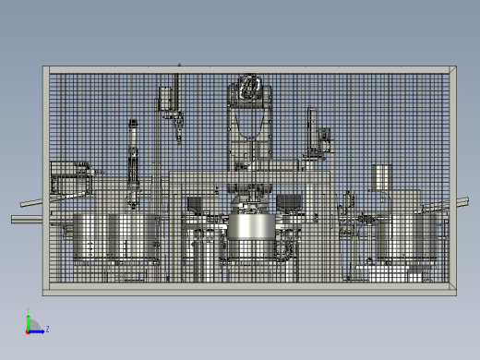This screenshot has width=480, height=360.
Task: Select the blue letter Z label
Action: pyautogui.click(x=47, y=329)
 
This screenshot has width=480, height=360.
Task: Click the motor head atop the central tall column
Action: pyautogui.click(x=248, y=91)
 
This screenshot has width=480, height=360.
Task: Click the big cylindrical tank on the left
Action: pyautogui.click(x=115, y=235)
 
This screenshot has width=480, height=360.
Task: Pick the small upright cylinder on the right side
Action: pyautogui.click(x=382, y=178)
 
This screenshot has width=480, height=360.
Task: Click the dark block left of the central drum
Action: pyautogui.click(x=195, y=204)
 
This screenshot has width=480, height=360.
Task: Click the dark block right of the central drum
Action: pyautogui.click(x=291, y=203)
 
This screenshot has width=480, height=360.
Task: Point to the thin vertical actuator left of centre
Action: pyautogui.click(x=133, y=157)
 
